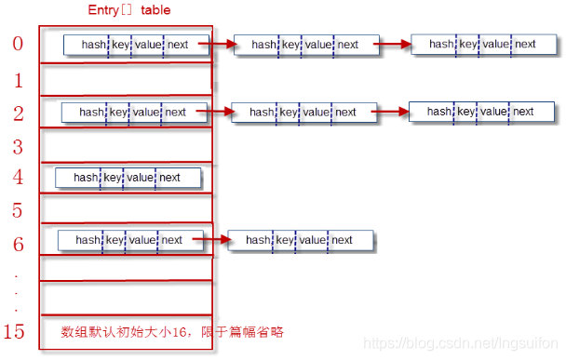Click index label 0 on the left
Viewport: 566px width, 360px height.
coord(18,44)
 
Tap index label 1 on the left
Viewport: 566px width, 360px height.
coord(18,81)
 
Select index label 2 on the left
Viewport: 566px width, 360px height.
coord(18,113)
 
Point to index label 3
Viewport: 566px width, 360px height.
coord(18,146)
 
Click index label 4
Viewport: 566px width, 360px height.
coord(18,178)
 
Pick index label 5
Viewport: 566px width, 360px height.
coord(18,210)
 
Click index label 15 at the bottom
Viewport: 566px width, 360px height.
coord(16,331)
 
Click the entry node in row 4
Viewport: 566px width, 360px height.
coord(128,178)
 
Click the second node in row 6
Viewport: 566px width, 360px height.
coord(301,240)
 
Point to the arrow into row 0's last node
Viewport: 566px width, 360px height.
coord(395,44)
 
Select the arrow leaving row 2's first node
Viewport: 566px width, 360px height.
coord(210,113)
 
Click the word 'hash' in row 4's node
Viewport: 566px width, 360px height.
coord(87,178)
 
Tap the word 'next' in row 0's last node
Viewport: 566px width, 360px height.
coord(525,44)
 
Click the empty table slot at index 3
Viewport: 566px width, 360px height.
coord(126,146)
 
